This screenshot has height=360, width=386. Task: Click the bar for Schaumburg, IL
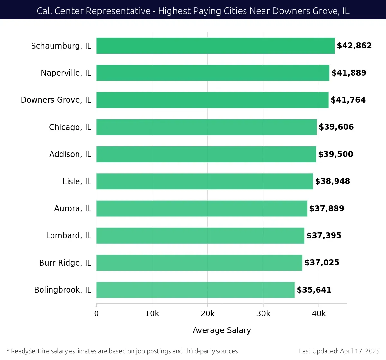216,46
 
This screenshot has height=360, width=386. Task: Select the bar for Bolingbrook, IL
195,290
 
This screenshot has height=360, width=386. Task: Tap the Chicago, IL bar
207,127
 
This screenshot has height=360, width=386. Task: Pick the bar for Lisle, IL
205,181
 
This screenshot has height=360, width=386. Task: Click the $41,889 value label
349,73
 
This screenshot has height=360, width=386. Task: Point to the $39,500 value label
335,154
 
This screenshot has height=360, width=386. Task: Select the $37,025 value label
322,263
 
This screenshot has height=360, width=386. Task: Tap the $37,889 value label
326,209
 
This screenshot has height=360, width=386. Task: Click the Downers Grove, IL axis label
56,100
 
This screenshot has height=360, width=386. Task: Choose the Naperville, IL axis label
66,73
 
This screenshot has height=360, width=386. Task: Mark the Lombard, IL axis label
69,236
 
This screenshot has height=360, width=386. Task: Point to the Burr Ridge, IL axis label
65,263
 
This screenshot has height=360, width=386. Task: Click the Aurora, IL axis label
73,209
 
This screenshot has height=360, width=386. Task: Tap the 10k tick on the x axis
152,314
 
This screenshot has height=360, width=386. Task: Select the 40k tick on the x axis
319,314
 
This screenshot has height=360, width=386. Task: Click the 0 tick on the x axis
96,314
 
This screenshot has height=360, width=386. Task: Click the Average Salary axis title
222,330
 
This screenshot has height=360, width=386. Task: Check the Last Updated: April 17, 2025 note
339,351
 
